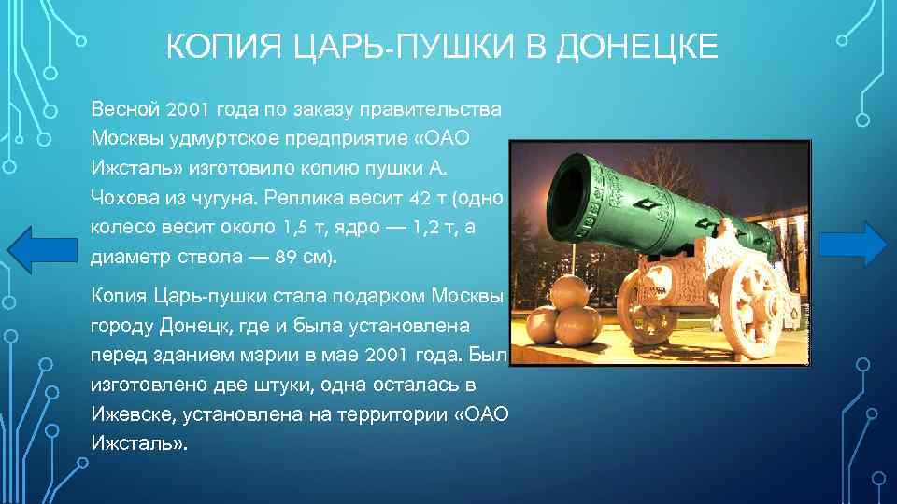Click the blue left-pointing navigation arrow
[x=43, y=249]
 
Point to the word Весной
[x=124, y=109]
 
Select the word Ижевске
[x=128, y=414]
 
